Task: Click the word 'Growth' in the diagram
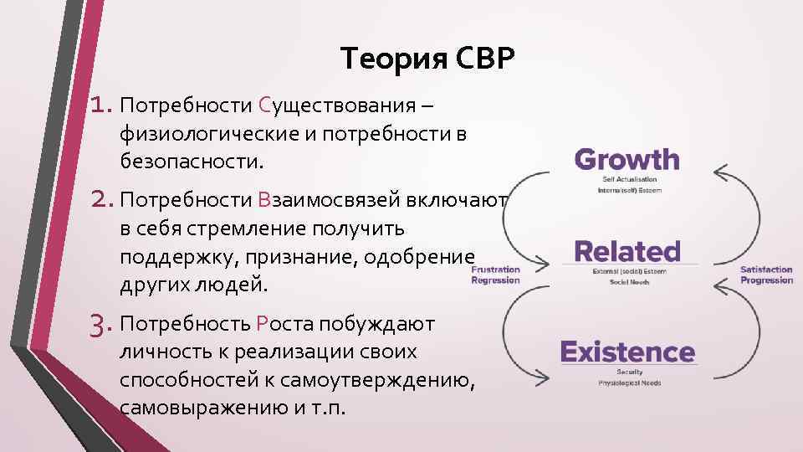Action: (x=627, y=159)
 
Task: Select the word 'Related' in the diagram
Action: (x=627, y=250)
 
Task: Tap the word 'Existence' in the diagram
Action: (x=627, y=352)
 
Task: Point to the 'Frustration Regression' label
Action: (x=495, y=275)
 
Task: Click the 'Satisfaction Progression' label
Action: (x=766, y=275)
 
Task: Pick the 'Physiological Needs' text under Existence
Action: (x=629, y=383)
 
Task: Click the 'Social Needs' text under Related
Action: (x=629, y=283)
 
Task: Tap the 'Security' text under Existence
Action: (x=629, y=372)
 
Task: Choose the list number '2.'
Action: (x=103, y=199)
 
